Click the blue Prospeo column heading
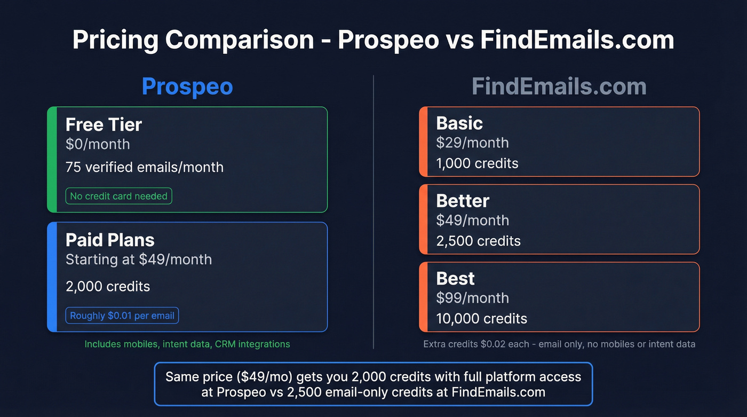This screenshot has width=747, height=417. pyautogui.click(x=187, y=87)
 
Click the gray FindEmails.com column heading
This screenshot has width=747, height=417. pyautogui.click(x=559, y=87)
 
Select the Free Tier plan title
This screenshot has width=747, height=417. pyautogui.click(x=104, y=125)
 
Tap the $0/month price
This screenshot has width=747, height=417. pyautogui.click(x=98, y=144)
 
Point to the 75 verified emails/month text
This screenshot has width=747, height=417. pyautogui.click(x=145, y=167)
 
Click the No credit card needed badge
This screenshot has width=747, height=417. pyautogui.click(x=118, y=196)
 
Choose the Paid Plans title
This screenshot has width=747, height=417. pyautogui.click(x=110, y=240)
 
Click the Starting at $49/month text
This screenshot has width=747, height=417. pyautogui.click(x=139, y=259)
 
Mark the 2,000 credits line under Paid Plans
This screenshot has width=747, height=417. pyautogui.click(x=108, y=286)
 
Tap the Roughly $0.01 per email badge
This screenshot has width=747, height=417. pyautogui.click(x=122, y=316)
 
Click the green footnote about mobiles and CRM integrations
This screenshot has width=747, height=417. pyautogui.click(x=187, y=344)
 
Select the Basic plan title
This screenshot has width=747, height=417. pyautogui.click(x=459, y=123)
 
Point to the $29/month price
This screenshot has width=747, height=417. pyautogui.click(x=472, y=143)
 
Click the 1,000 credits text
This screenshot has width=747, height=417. pyautogui.click(x=477, y=163)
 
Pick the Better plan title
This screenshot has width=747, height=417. pyautogui.click(x=463, y=201)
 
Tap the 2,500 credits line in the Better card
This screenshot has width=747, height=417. pyautogui.click(x=478, y=241)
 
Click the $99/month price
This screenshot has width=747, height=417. pyautogui.click(x=472, y=298)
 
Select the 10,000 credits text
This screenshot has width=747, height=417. pyautogui.click(x=481, y=319)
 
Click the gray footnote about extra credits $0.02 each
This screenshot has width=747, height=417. pyautogui.click(x=559, y=344)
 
